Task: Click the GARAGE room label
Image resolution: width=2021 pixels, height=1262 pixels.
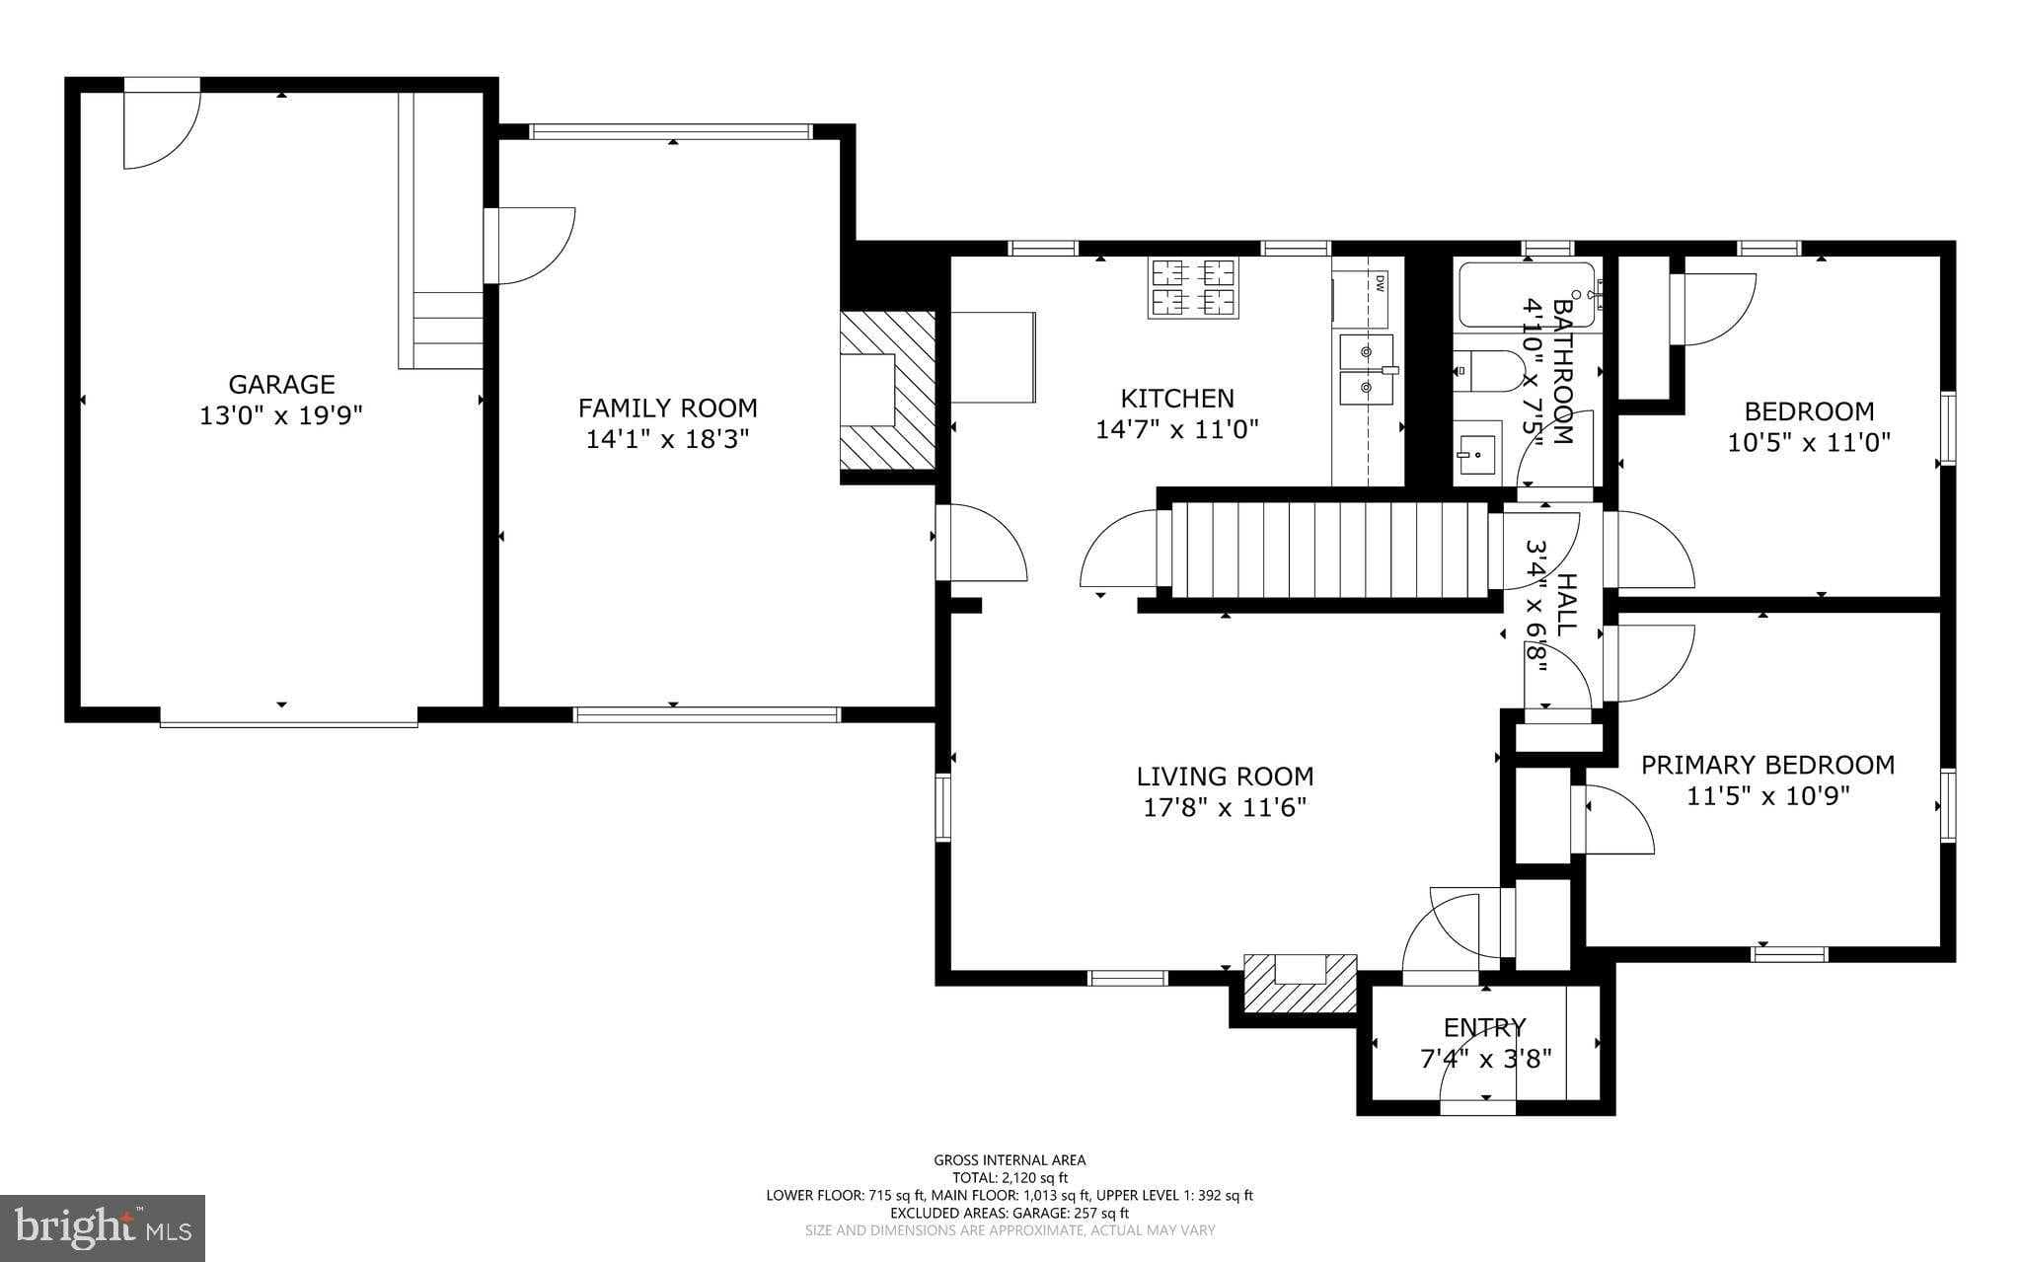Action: point(281,384)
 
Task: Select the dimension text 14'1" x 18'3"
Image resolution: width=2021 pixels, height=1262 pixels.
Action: point(668,439)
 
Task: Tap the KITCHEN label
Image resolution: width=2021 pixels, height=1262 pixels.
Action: point(1177,398)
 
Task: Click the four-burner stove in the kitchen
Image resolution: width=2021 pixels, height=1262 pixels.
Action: point(1193,287)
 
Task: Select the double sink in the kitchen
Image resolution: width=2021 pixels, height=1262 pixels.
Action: point(1365,374)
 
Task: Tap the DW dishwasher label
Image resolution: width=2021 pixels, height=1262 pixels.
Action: point(1379,283)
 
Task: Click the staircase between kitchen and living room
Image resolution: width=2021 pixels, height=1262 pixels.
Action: point(1329,550)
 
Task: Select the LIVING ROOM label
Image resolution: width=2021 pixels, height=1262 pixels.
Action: point(1225,777)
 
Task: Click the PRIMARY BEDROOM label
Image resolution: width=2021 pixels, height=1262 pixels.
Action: point(1767,765)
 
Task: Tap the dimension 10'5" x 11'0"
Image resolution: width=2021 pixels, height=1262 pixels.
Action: point(1808,442)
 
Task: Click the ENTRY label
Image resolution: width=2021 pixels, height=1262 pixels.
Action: point(1484,1028)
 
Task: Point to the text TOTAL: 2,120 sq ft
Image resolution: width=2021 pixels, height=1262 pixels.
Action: point(1010,1177)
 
